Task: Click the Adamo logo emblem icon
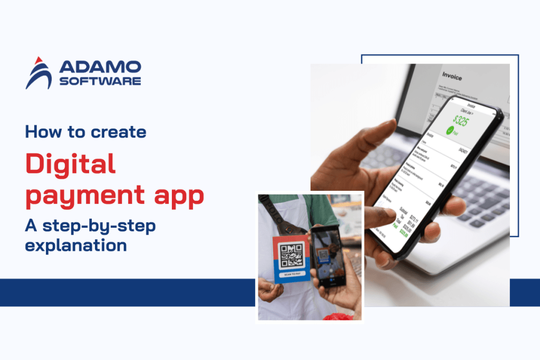pyautogui.click(x=38, y=73)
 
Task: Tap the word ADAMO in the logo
pyautogui.click(x=100, y=66)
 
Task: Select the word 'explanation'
pyautogui.click(x=76, y=245)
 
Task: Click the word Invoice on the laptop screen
pyautogui.click(x=452, y=77)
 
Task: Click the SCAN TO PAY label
pyautogui.click(x=291, y=274)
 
